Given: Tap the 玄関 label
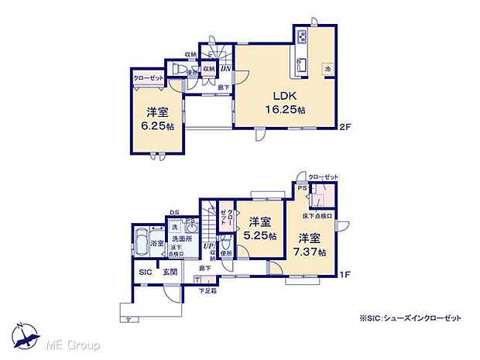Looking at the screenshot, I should [x=170, y=273].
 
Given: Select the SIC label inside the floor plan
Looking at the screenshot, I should [x=145, y=273].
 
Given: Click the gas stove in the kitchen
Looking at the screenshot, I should [x=301, y=38].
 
